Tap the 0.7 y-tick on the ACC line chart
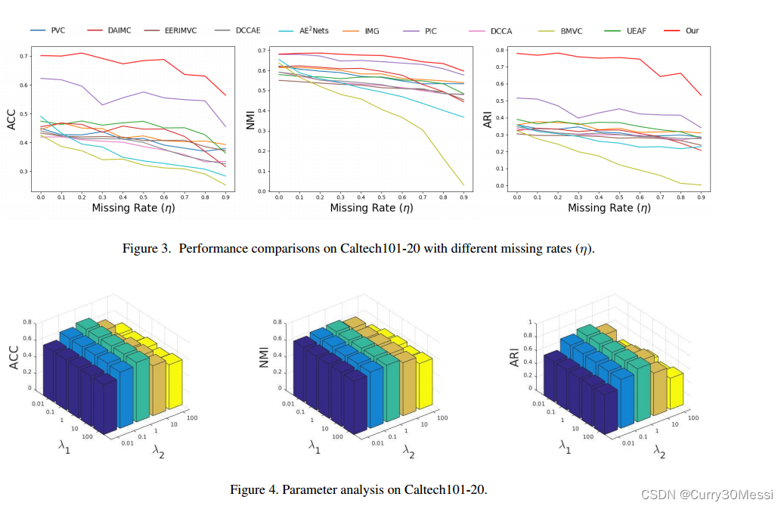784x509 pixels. pos(23,57)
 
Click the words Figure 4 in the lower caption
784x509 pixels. pos(254,489)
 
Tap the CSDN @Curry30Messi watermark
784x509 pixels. pos(707,494)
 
